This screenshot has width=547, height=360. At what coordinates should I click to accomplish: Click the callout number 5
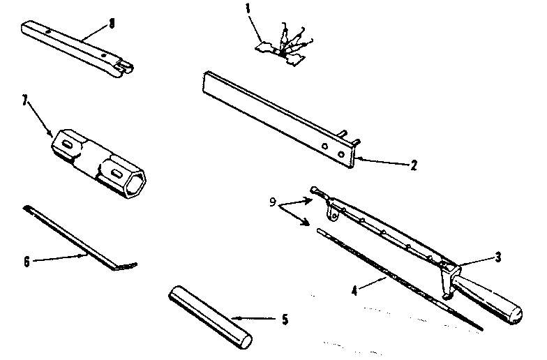[x=284, y=321]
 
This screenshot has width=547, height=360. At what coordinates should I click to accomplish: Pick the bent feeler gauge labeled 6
[x=77, y=237]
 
